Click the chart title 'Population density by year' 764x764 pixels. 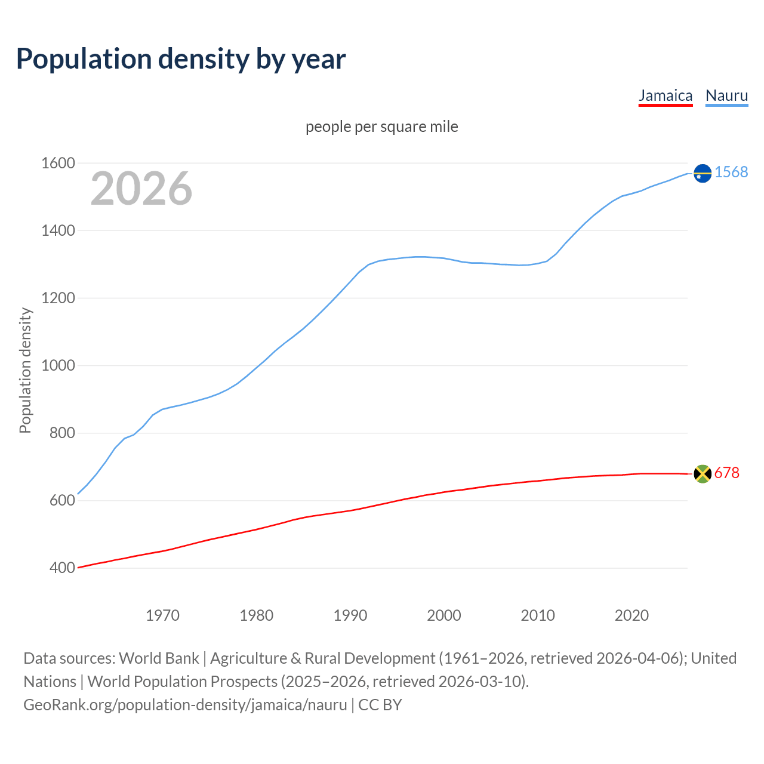point(181,59)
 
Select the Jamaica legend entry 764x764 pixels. point(665,95)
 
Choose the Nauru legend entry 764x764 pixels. point(726,95)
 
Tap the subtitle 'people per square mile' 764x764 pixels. point(381,127)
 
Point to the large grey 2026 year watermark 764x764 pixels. point(141,189)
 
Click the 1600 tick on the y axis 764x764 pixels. point(58,163)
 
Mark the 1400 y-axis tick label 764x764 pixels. point(58,230)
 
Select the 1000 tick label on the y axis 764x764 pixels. point(58,365)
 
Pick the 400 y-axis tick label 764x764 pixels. point(62,568)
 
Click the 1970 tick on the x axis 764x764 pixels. point(162,615)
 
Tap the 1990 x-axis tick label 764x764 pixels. point(350,615)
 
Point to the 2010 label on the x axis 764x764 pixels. point(538,615)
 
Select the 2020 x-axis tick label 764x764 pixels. point(631,615)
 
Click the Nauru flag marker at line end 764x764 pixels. point(703,173)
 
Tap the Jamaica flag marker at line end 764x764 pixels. point(703,474)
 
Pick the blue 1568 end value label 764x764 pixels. point(731,172)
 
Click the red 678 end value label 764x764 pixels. point(726,473)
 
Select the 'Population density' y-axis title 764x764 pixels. point(25,370)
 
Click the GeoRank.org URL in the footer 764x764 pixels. point(185,705)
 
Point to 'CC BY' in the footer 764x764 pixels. point(380,705)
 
